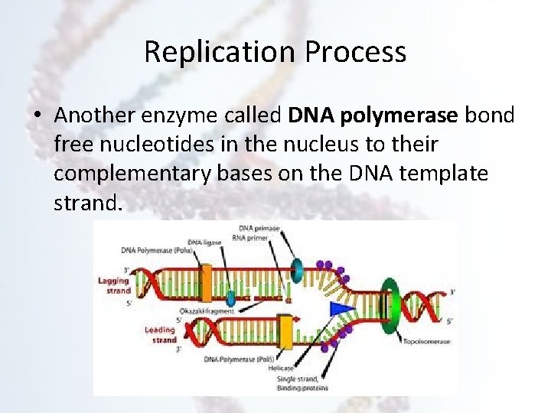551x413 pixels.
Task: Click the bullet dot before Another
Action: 37,115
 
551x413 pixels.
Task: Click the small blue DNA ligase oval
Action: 230,297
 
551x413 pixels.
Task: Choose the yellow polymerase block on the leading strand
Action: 285,331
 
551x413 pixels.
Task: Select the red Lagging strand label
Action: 113,285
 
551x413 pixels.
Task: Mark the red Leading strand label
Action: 160,335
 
